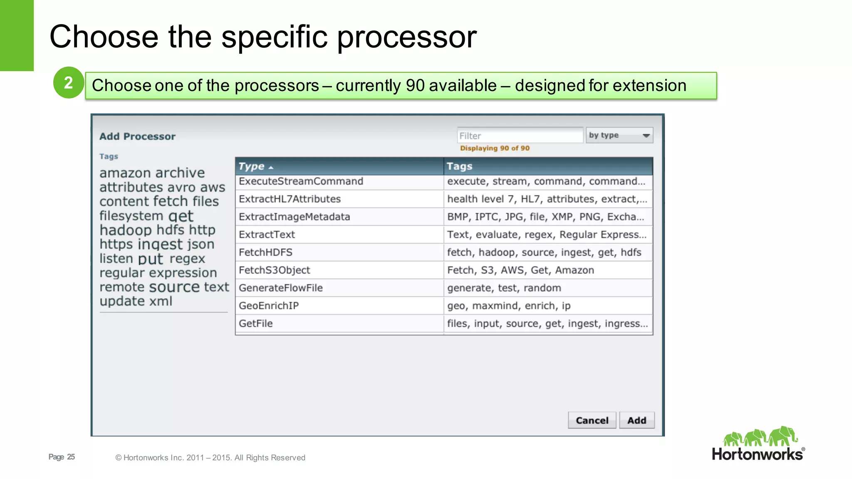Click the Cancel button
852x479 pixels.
pyautogui.click(x=592, y=420)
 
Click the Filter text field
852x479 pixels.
pyautogui.click(x=520, y=136)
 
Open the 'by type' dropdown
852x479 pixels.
pyautogui.click(x=619, y=136)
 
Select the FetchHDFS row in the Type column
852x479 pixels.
pyautogui.click(x=265, y=252)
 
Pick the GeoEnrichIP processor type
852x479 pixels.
pyautogui.click(x=269, y=306)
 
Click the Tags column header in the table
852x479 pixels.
pyautogui.click(x=459, y=166)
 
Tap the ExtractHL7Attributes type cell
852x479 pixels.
pyautogui.click(x=290, y=199)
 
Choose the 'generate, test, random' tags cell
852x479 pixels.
pyautogui.click(x=504, y=288)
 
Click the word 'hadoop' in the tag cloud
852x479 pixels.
pyautogui.click(x=126, y=230)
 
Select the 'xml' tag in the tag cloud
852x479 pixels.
pyautogui.click(x=161, y=301)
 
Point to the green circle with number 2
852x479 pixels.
pyautogui.click(x=69, y=83)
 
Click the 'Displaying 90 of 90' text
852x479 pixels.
pyautogui.click(x=495, y=148)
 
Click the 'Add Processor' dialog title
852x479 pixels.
pyautogui.click(x=137, y=136)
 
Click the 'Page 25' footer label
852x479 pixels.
pyautogui.click(x=62, y=457)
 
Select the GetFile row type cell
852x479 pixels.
pyautogui.click(x=255, y=323)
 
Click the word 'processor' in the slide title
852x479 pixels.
pyautogui.click(x=406, y=37)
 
